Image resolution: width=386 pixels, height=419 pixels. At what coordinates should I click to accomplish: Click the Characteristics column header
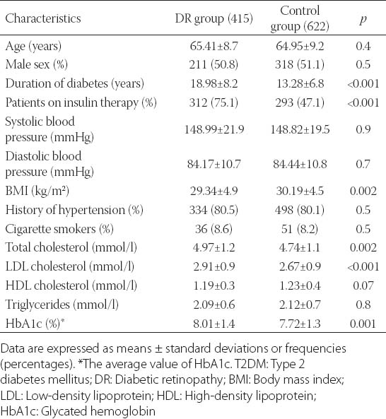42,18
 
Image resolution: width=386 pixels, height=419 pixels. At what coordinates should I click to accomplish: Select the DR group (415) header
214,18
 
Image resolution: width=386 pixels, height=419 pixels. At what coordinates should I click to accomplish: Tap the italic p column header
363,20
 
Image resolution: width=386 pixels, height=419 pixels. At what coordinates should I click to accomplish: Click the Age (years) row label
33,46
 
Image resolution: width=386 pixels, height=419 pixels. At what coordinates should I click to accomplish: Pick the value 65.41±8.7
214,46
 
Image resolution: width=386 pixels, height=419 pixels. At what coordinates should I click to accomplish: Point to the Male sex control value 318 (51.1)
300,65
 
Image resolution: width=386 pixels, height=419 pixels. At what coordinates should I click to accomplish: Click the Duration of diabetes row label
74,83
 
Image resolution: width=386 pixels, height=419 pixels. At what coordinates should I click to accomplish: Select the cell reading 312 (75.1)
214,103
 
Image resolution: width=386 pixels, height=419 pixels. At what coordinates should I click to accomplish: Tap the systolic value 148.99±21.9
214,129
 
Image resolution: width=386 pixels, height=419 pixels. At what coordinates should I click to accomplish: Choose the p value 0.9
363,129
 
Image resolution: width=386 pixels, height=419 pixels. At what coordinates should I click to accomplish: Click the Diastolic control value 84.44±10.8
300,164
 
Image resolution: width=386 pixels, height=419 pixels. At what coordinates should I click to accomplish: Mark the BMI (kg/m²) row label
37,191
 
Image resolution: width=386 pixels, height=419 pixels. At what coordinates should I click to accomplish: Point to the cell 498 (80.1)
300,210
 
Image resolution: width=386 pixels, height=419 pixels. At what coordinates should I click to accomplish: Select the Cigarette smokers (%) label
59,229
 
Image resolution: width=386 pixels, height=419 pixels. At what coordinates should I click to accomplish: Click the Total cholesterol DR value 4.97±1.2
214,248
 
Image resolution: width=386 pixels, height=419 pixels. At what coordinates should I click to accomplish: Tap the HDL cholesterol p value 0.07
363,286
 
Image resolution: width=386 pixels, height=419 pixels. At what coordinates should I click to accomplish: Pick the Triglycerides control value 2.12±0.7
300,305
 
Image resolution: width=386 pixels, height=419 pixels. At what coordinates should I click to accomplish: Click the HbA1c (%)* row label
35,324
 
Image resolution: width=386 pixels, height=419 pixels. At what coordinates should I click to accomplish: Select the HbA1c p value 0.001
363,324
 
